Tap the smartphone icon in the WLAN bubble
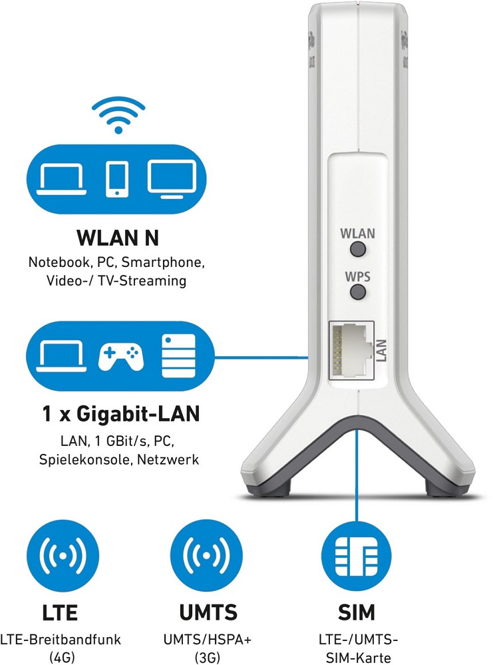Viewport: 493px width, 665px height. coord(117,178)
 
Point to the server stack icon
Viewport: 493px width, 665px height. coord(178,355)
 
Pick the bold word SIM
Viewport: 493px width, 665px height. coord(357,612)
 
